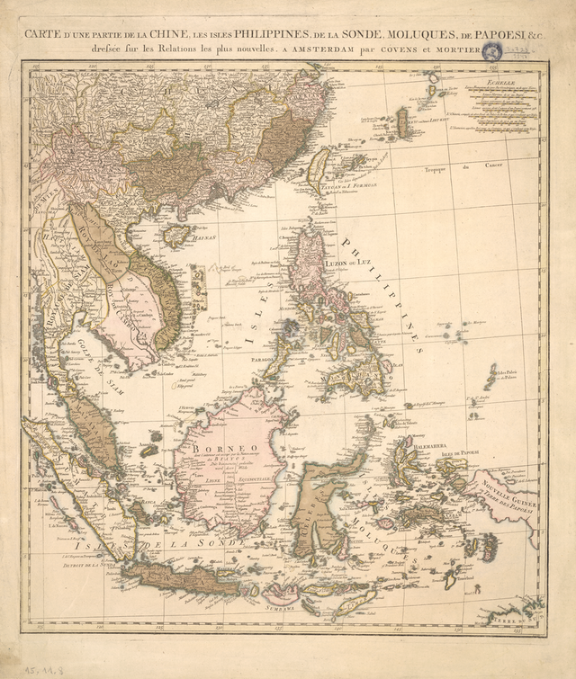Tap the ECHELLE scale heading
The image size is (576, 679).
pos(497,82)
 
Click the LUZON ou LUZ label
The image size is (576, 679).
pos(347,263)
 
